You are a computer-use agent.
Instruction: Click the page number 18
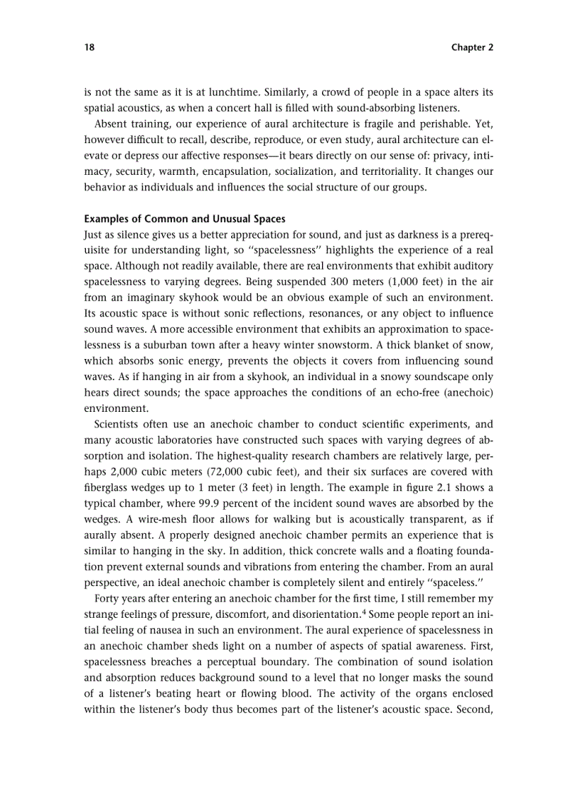click(x=89, y=47)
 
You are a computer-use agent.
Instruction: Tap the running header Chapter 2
click(x=472, y=47)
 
